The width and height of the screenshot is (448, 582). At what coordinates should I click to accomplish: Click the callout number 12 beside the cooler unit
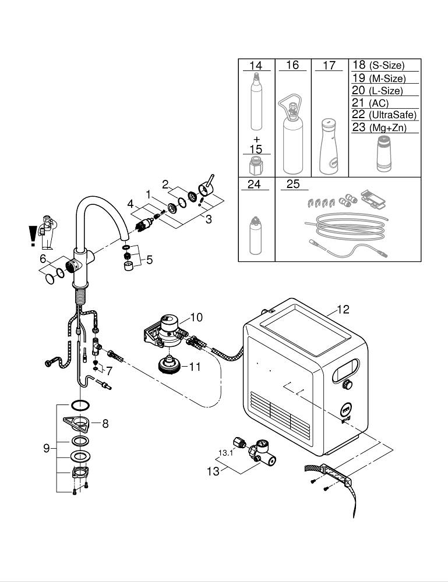click(343, 310)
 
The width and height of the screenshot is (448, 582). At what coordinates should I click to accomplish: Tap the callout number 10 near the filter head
click(196, 317)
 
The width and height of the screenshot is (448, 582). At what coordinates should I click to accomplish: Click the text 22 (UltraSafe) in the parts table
click(384, 115)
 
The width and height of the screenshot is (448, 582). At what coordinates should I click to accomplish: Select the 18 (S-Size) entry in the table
click(378, 66)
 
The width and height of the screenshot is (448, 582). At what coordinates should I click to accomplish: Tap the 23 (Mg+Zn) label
click(379, 127)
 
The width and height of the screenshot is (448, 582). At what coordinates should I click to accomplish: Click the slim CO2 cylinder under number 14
click(256, 105)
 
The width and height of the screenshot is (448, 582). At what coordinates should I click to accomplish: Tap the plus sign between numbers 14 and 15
click(256, 140)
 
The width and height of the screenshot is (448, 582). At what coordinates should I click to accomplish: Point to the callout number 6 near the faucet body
click(43, 258)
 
